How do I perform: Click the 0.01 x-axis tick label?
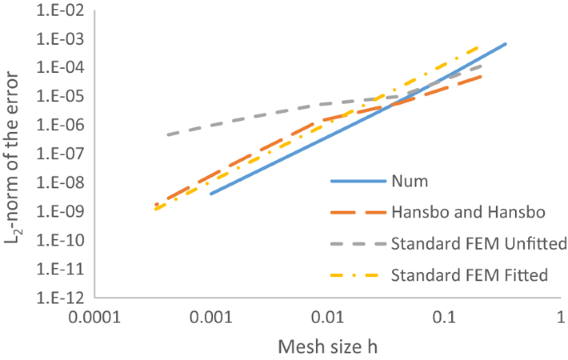(328, 318)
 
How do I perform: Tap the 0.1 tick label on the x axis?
(445, 318)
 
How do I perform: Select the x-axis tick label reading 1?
(561, 318)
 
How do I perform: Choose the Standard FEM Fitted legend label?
(469, 275)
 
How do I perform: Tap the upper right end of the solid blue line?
(505, 43)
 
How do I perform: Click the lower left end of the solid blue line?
(211, 194)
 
